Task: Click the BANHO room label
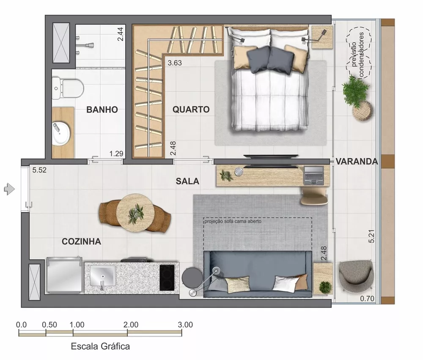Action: point(102,110)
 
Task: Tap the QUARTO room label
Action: point(191,110)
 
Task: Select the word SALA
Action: point(187,181)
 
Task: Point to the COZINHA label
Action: point(81,242)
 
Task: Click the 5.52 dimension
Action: point(39,171)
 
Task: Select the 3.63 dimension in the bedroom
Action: point(175,63)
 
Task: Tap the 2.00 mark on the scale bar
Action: point(131,325)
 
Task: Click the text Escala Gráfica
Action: point(100,346)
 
